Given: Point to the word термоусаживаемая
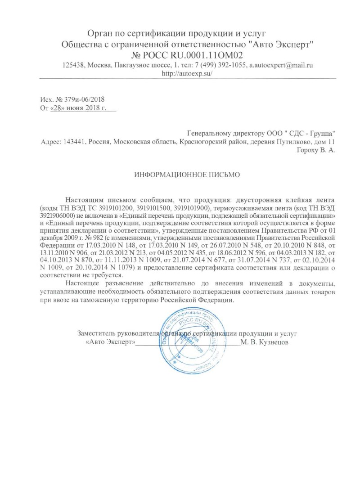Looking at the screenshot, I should click(x=243, y=208).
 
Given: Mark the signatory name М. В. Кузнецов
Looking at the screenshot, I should click(x=265, y=342).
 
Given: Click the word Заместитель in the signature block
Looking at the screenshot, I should click(x=97, y=333).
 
